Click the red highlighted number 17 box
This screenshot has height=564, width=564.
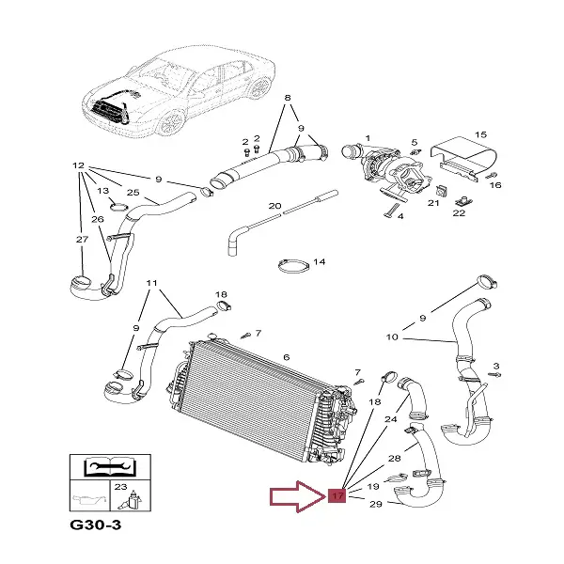tap(337, 494)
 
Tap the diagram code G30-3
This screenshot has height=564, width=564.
tap(95, 524)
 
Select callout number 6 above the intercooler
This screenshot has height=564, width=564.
tap(286, 356)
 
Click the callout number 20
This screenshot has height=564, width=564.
tap(274, 205)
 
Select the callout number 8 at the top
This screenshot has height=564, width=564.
tap(288, 98)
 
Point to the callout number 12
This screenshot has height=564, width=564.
tap(79, 166)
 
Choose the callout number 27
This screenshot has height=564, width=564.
tap(81, 240)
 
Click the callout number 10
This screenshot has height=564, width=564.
tap(393, 336)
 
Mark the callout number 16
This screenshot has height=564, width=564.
tap(495, 185)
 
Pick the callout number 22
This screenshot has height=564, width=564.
tap(459, 213)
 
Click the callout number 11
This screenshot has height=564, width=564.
tap(151, 283)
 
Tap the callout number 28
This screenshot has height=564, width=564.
tap(395, 458)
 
